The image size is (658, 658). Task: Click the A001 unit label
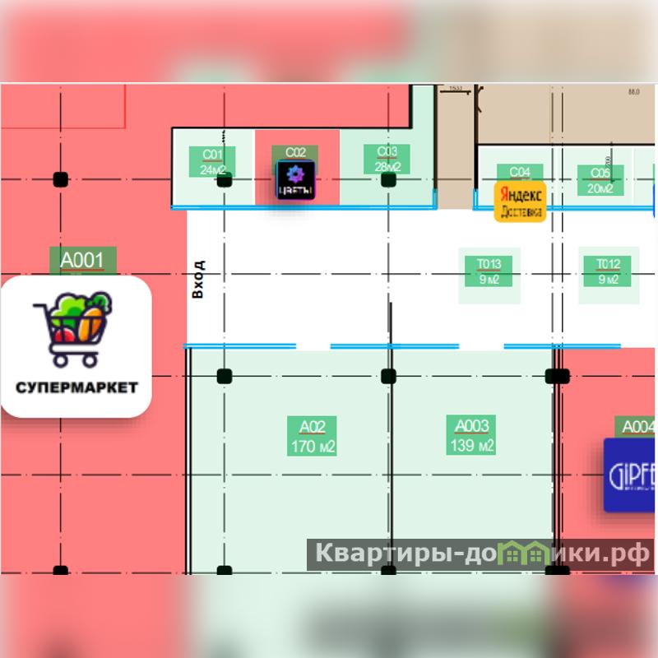pos(82,261)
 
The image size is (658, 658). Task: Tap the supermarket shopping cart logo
pos(72,328)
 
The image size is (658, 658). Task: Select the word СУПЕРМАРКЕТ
pos(76,387)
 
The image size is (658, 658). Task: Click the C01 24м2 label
pos(212,162)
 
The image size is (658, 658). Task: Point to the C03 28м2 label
pos(387,160)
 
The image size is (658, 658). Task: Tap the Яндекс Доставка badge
pos(520,202)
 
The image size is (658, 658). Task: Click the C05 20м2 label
pos(600,180)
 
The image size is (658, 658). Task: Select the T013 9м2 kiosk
pos(489,271)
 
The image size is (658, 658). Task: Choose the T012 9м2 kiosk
pos(608,271)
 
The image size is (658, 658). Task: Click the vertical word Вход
pos(197,279)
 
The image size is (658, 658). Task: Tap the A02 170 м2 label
pos(313,437)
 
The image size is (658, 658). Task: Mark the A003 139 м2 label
pos(472,437)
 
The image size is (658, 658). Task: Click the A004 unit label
pos(637,427)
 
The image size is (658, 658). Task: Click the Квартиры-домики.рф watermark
pos(480,554)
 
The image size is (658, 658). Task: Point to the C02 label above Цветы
pos(295,152)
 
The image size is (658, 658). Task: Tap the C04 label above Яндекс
pos(520,172)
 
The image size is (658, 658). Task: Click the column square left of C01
pos(60,178)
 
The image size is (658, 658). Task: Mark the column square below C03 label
pos(388,179)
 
